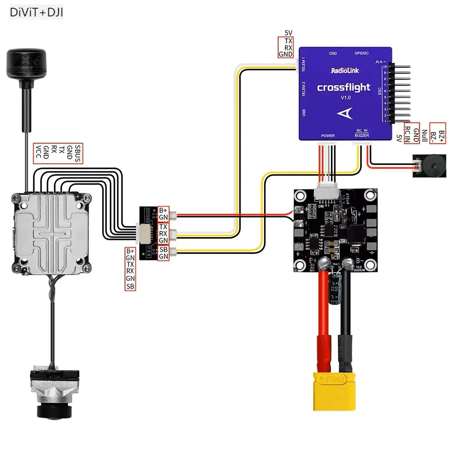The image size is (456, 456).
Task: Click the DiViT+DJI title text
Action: [x=36, y=12]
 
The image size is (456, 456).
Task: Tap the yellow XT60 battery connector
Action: [x=335, y=390]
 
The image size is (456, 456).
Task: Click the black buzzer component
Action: [x=422, y=167]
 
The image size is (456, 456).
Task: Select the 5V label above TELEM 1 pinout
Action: [x=288, y=33]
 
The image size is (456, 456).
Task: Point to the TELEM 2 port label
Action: [x=303, y=89]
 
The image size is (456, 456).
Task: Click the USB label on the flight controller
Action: [x=303, y=112]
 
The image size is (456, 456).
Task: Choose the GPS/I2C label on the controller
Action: [x=361, y=53]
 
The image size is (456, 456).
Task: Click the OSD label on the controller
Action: [x=333, y=53]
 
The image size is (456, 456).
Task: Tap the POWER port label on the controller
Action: [x=328, y=135]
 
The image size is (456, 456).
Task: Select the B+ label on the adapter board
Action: [x=163, y=210]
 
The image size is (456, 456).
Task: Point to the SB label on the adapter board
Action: [x=163, y=249]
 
